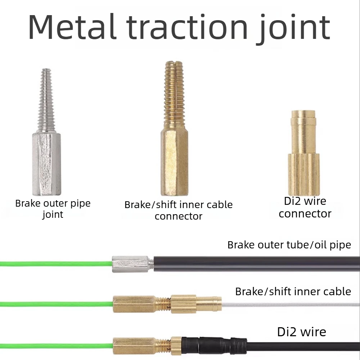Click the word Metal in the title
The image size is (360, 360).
pyautogui.click(x=73, y=27)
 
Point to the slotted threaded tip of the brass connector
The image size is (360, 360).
pyautogui.click(x=174, y=95)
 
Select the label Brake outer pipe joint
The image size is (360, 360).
pyautogui.click(x=53, y=209)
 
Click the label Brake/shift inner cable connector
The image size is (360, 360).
pyautogui.click(x=179, y=210)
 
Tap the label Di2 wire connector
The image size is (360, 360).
pyautogui.click(x=305, y=207)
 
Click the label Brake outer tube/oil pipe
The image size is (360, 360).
pyautogui.click(x=289, y=245)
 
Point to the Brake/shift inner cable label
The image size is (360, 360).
pyautogui.click(x=293, y=292)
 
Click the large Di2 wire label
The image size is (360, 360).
pyautogui.click(x=302, y=332)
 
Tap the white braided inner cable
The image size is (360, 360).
pyautogui.click(x=291, y=305)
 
